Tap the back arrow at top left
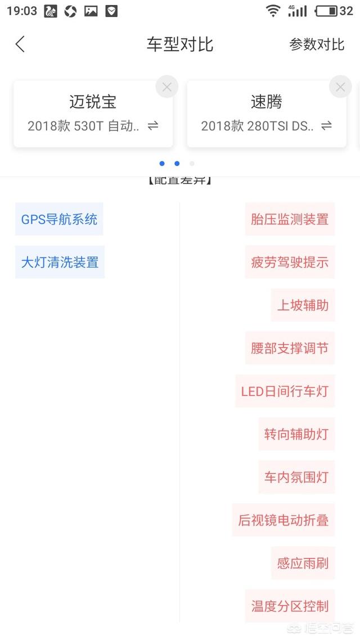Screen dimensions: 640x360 tap(20, 44)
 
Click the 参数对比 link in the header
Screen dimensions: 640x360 tap(317, 44)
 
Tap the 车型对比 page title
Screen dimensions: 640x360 tap(180, 44)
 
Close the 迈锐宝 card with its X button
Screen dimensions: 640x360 tap(166, 87)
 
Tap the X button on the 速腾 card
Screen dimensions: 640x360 tap(340, 87)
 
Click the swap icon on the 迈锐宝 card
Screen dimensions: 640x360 tap(153, 126)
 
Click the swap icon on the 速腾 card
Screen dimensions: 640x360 tap(326, 126)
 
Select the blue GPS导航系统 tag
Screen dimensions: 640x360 tap(59, 219)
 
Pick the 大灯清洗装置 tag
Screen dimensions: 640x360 tap(60, 262)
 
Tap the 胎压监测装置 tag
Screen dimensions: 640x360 tap(290, 219)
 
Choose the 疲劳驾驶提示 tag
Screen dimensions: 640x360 tap(290, 262)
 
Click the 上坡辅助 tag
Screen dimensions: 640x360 tap(303, 305)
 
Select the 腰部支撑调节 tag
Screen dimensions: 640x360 tap(290, 348)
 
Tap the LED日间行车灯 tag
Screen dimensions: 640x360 tap(285, 391)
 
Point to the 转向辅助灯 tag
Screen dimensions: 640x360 tap(296, 434)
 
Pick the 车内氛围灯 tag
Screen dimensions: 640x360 tap(296, 477)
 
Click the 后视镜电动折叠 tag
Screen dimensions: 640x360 tap(283, 520)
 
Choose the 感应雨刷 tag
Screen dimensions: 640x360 tap(303, 564)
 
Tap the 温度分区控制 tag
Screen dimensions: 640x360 tap(290, 606)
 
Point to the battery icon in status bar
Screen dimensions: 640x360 tap(326, 11)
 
